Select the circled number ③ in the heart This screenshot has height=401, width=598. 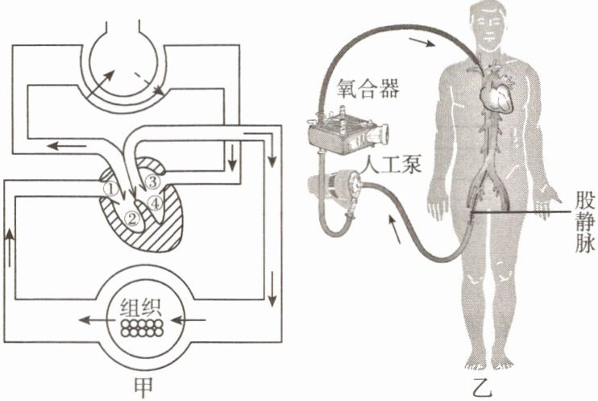(x=153, y=181)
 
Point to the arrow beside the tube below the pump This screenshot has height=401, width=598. (x=395, y=231)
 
